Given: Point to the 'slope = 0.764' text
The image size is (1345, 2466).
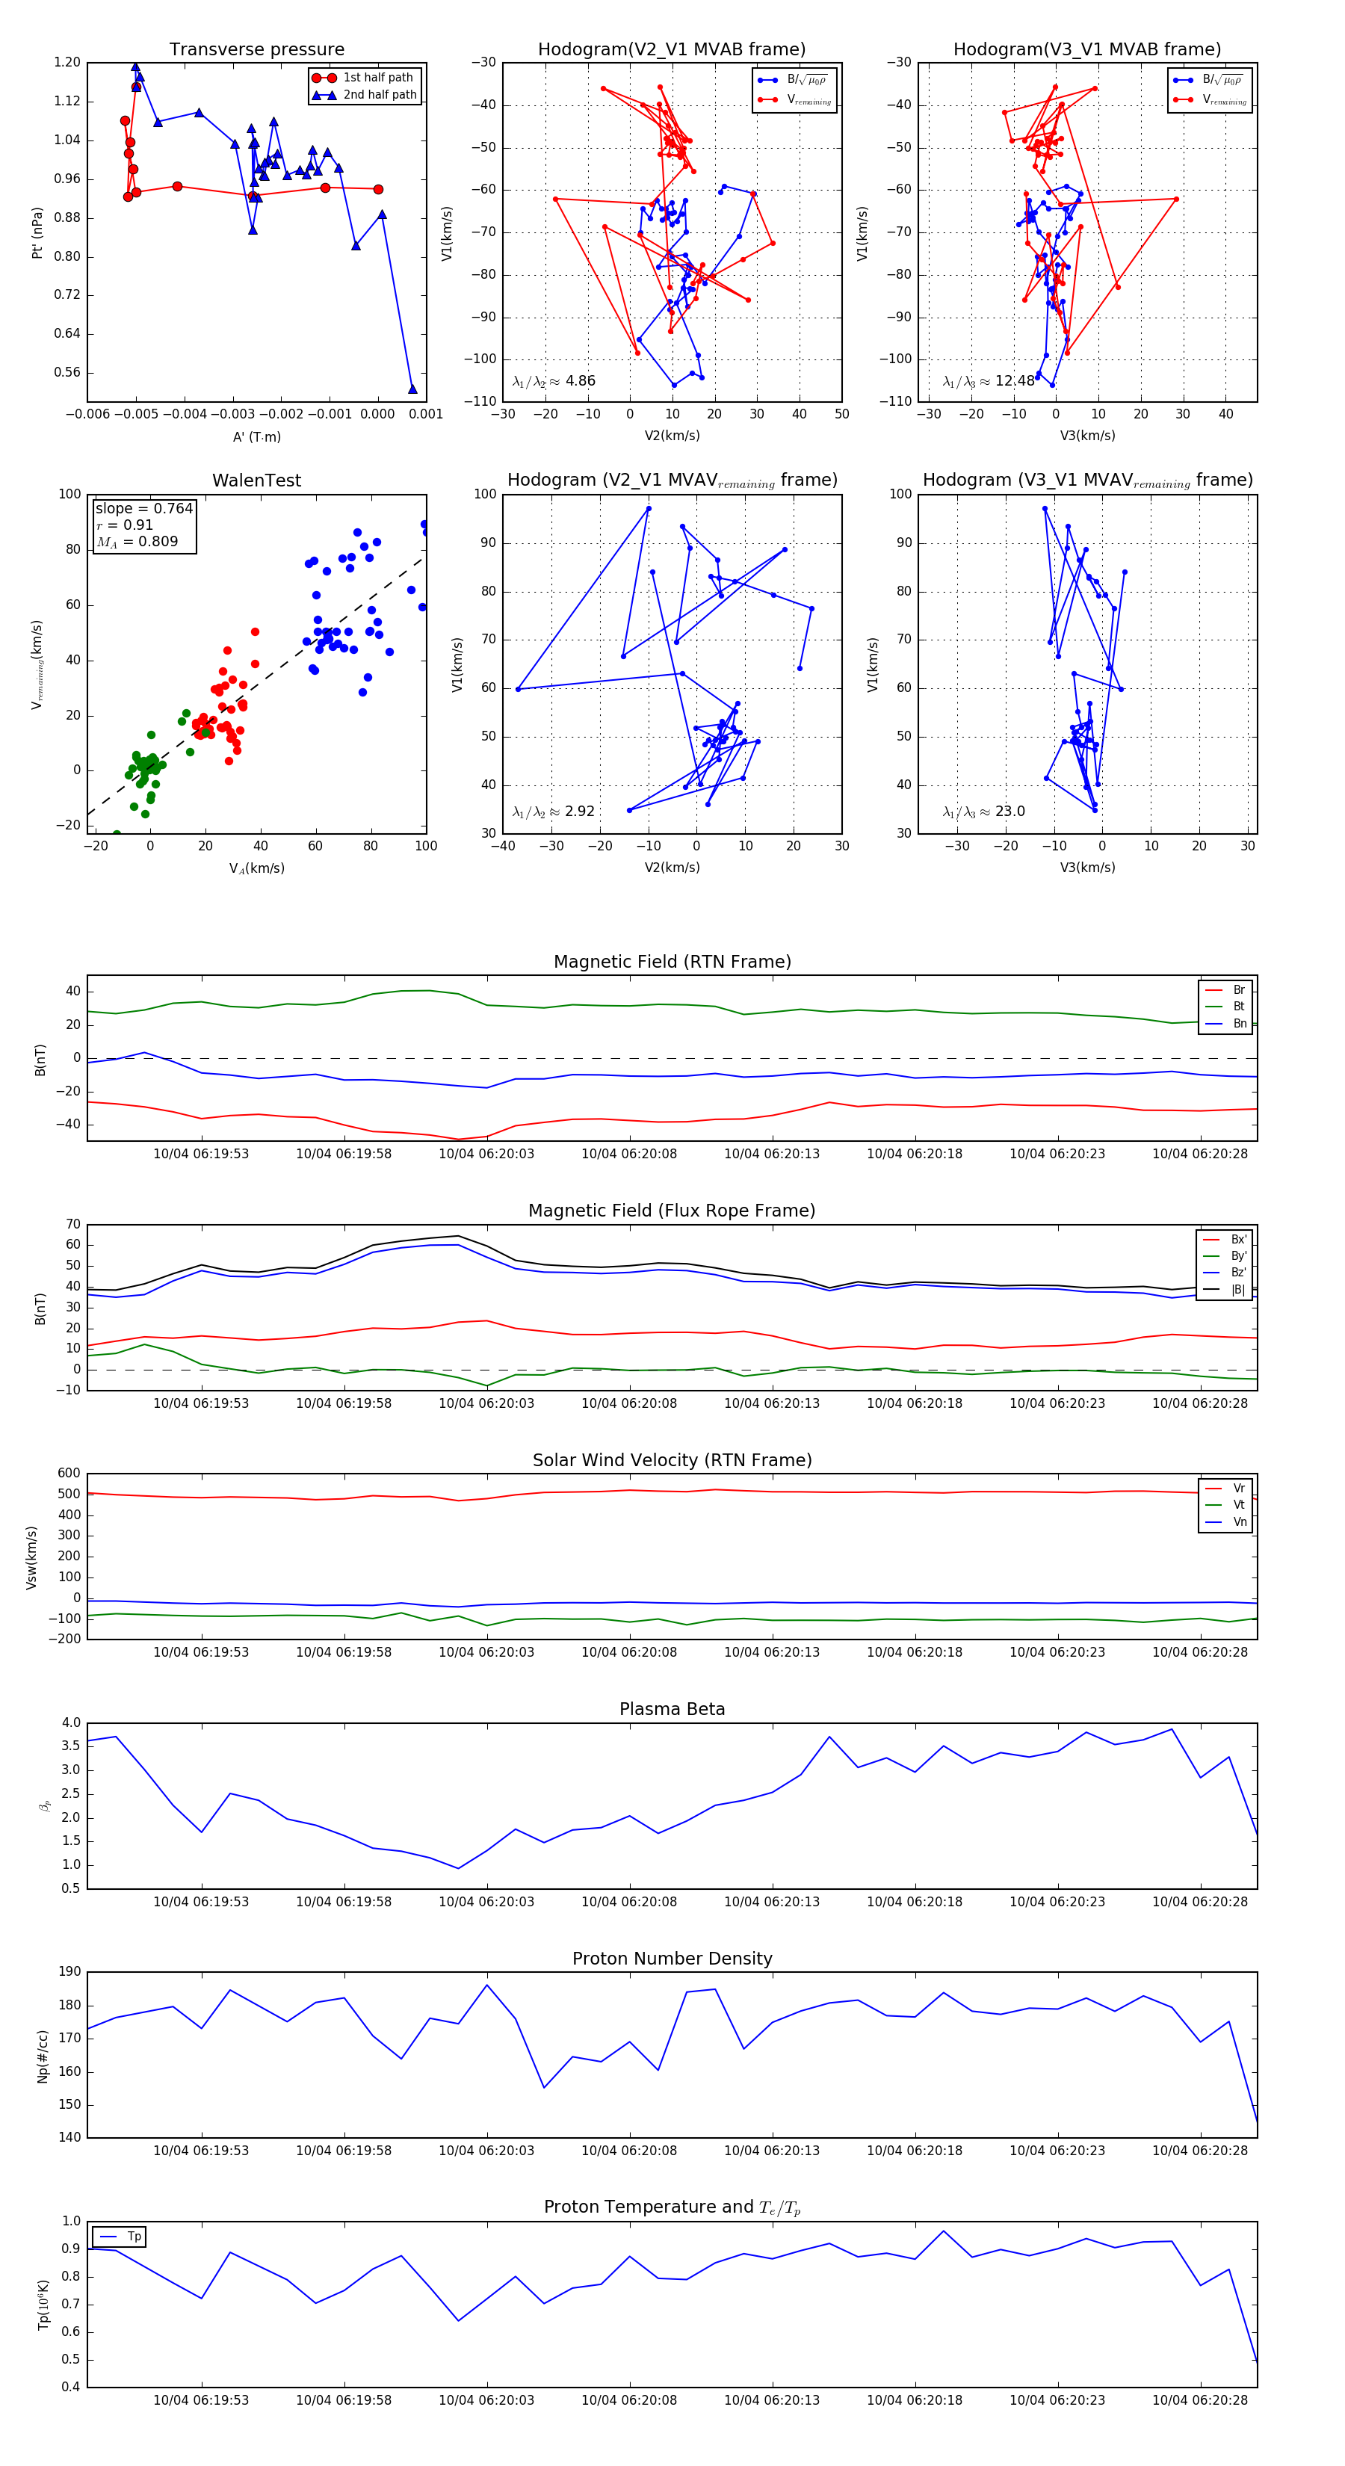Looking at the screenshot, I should click(x=143, y=508).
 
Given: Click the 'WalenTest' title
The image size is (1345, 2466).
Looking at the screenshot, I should click(x=256, y=480).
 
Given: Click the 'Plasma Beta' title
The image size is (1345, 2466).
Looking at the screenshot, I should click(x=672, y=1710).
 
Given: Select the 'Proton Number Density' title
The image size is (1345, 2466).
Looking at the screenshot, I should click(x=672, y=1959).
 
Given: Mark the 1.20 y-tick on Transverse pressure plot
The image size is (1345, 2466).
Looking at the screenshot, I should click(x=67, y=62).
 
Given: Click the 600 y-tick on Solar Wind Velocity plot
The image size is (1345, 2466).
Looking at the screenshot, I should click(x=69, y=1474).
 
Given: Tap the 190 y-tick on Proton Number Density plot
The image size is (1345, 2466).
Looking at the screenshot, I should click(x=69, y=1972).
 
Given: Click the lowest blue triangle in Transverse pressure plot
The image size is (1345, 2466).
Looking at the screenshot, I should click(x=412, y=389).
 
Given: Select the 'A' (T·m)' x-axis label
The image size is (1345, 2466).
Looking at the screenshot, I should click(x=256, y=436).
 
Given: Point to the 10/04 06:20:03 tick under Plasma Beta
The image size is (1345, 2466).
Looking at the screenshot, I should click(x=486, y=1901).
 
